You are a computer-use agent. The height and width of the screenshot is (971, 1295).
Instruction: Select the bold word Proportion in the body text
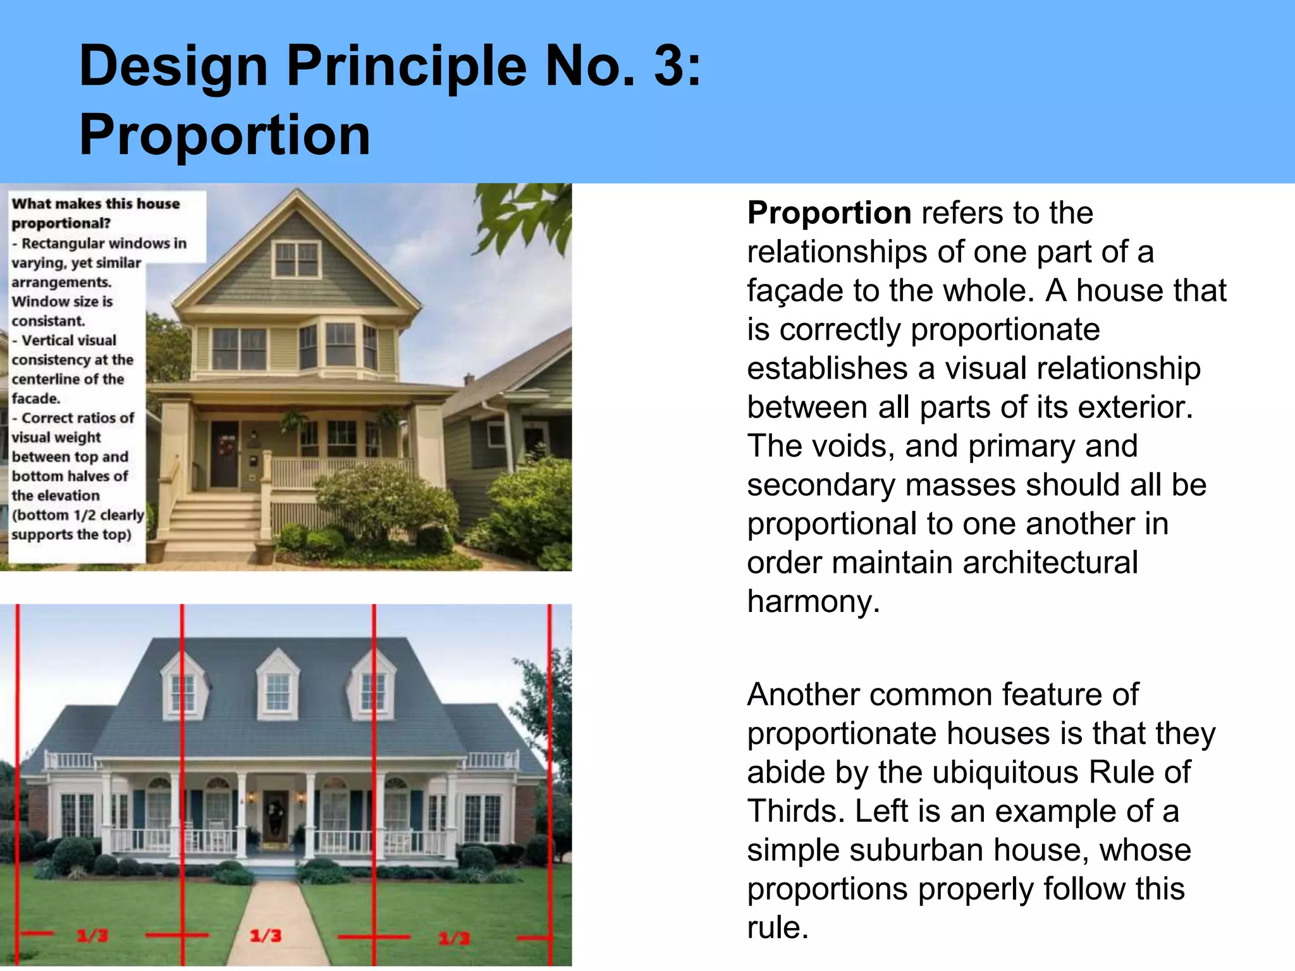pyautogui.click(x=828, y=213)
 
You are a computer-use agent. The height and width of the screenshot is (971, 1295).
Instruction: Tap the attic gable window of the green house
pyautogui.click(x=296, y=259)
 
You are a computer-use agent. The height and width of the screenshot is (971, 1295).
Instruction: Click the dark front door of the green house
pyautogui.click(x=224, y=454)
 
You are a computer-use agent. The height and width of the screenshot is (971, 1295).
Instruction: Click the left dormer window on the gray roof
pyautogui.click(x=183, y=692)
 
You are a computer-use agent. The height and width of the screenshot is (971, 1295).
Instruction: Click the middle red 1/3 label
pyautogui.click(x=265, y=936)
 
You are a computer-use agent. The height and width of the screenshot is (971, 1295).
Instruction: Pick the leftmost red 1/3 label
pyautogui.click(x=92, y=936)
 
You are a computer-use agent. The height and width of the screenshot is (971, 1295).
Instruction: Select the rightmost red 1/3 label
pyautogui.click(x=454, y=937)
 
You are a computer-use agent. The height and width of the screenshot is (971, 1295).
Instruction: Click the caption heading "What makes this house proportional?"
pyautogui.click(x=95, y=213)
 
